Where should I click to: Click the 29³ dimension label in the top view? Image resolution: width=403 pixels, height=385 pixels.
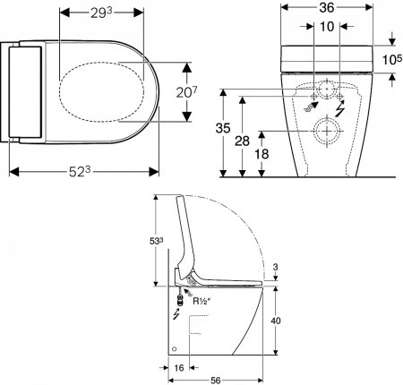(x=101, y=13)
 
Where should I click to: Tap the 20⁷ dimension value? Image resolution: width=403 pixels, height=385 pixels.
(x=186, y=92)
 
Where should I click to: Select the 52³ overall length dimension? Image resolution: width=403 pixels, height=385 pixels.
(x=80, y=172)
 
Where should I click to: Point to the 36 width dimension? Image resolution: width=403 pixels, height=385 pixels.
(x=326, y=8)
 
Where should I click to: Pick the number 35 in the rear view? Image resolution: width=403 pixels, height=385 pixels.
(x=223, y=128)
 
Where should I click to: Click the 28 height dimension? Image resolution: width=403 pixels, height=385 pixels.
(x=242, y=141)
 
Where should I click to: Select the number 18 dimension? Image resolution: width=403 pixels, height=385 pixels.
(x=262, y=154)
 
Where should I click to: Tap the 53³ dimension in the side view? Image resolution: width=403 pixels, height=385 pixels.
(x=156, y=242)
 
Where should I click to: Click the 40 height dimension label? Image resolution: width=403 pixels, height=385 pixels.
(x=276, y=321)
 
